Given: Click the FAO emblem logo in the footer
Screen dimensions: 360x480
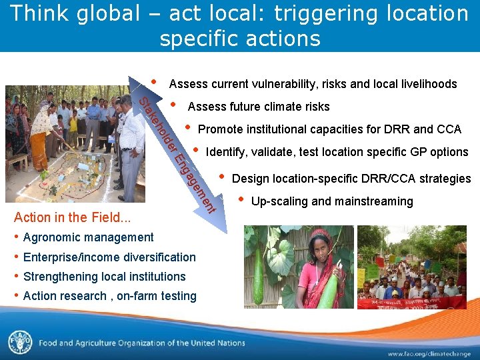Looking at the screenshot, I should pyautogui.click(x=20, y=343).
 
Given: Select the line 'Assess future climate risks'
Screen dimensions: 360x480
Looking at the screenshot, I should pyautogui.click(x=259, y=107).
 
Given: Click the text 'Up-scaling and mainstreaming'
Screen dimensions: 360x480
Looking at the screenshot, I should pyautogui.click(x=332, y=201).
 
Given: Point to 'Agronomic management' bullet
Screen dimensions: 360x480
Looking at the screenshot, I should pyautogui.click(x=88, y=237).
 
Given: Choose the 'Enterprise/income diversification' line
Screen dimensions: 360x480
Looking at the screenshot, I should pyautogui.click(x=109, y=257).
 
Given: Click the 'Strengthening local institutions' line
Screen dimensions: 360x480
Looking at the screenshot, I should pyautogui.click(x=104, y=277).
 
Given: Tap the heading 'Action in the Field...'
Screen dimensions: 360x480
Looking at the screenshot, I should pyautogui.click(x=72, y=217).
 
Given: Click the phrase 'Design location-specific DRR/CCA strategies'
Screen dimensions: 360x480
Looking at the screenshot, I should pyautogui.click(x=351, y=179).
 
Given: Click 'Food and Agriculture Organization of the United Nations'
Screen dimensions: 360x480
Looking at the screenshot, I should pyautogui.click(x=141, y=343).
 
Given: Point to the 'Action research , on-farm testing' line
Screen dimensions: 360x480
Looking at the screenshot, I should pyautogui.click(x=109, y=296).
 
